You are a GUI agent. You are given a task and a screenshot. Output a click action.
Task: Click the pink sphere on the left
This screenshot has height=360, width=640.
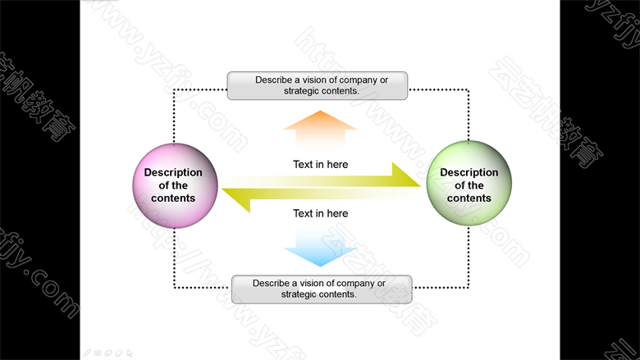coord(174,185)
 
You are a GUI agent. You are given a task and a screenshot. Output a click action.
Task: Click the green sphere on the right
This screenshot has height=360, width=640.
coord(469,184)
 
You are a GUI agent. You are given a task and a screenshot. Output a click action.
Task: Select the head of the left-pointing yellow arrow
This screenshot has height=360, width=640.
coord(238,199)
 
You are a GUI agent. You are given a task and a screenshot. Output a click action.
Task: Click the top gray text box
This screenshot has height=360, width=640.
coord(318,86)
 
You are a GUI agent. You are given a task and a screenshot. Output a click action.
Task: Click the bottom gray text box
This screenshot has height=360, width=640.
coord(321,289)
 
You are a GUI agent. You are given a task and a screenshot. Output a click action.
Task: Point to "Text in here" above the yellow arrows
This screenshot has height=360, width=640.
coord(320,164)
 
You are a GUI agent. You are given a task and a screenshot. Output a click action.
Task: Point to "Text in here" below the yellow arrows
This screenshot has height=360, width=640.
coord(320,213)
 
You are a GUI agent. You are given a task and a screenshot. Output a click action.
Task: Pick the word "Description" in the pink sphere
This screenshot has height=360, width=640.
coord(173,172)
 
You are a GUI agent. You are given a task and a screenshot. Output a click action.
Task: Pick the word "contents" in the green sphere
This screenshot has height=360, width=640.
coord(469,198)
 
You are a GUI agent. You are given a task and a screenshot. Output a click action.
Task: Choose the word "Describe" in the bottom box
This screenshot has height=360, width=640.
coord(272,283)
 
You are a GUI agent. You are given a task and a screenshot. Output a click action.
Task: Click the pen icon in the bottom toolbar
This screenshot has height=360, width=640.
coord(88,353)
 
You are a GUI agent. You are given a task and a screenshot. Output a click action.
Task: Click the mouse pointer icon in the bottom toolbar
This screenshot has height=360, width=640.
coord(130,353)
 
